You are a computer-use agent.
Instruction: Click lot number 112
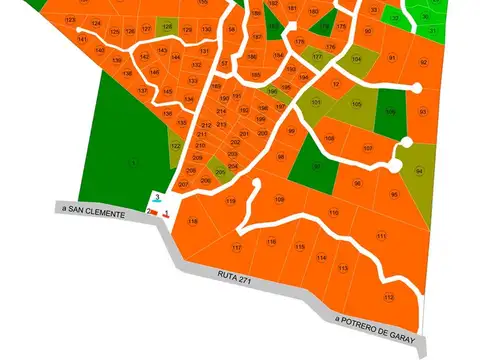388,297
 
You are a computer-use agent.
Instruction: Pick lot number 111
381,236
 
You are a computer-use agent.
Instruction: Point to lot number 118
192,221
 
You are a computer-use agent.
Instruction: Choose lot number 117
237,247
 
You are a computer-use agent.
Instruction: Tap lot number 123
69,21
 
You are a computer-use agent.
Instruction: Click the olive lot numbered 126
167,26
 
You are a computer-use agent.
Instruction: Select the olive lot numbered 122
176,147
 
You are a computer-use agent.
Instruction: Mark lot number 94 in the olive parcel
419,171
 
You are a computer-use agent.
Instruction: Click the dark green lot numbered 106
390,111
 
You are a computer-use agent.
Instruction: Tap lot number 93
423,111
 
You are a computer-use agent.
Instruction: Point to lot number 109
280,199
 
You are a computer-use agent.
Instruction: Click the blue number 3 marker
159,200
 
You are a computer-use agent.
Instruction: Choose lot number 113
343,268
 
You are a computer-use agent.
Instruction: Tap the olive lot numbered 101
316,102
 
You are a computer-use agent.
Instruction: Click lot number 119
231,201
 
